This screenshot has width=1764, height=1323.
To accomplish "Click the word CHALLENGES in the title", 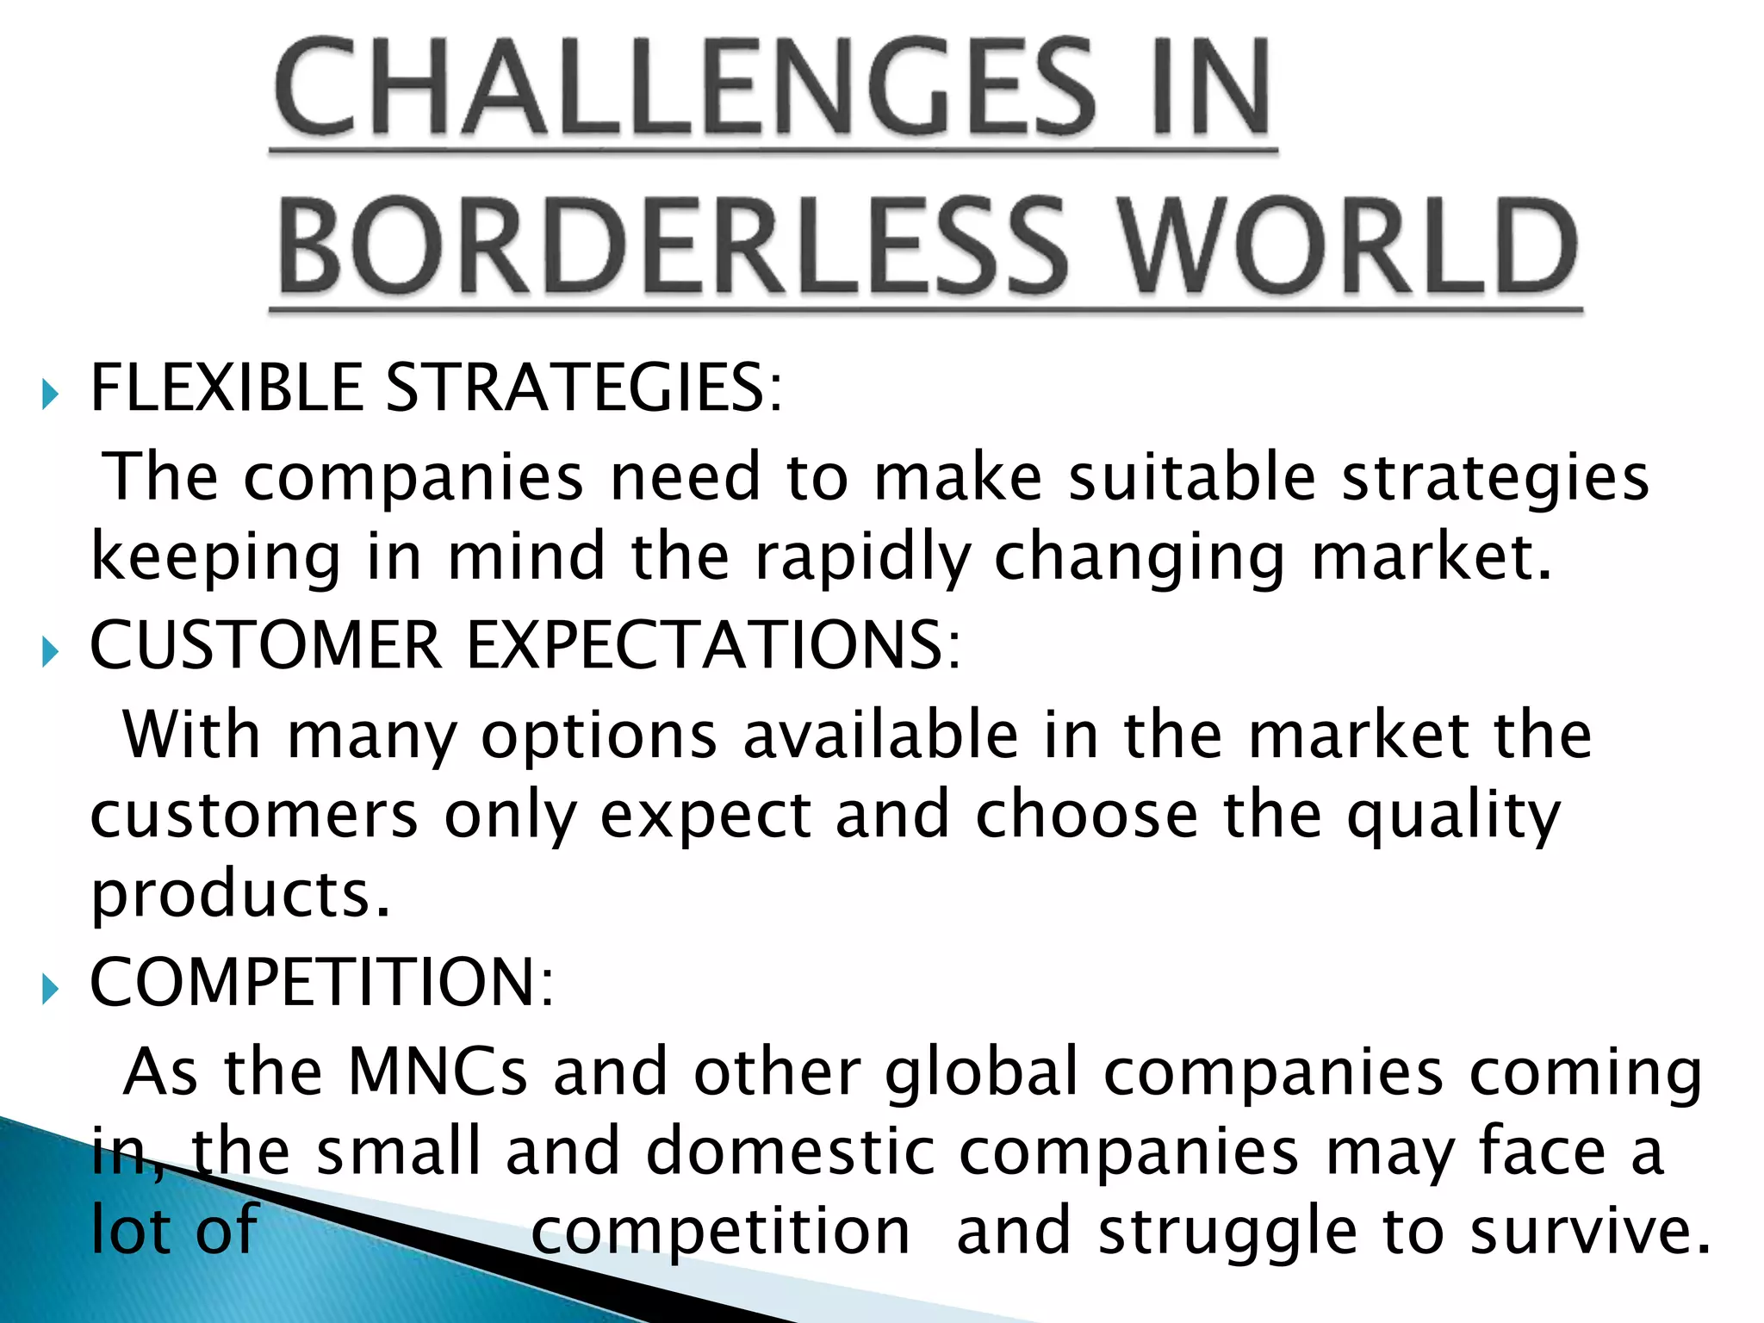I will [686, 88].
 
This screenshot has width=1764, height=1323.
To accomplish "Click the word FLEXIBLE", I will [226, 388].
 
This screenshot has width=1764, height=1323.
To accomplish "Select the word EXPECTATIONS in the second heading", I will [725, 645].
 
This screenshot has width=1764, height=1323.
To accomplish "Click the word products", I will [240, 896].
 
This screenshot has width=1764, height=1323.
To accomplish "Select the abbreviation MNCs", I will [438, 1071].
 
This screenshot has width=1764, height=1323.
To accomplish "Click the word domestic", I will [790, 1152].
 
